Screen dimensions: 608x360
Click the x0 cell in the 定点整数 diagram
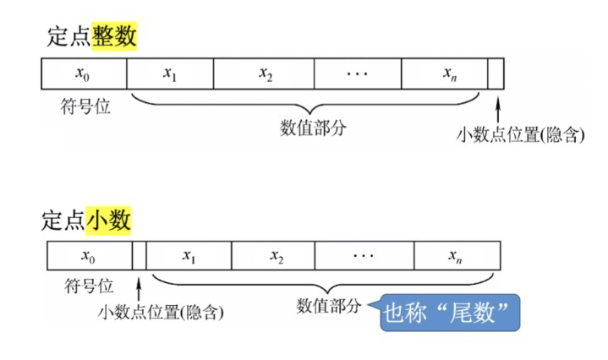tap(83, 74)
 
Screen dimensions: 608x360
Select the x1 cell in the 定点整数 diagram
tap(169, 74)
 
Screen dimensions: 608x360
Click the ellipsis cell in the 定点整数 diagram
tap(358, 74)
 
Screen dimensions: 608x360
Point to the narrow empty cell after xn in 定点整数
tap(496, 74)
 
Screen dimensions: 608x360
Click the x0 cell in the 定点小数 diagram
tap(87, 254)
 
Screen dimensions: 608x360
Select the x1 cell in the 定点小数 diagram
tap(189, 254)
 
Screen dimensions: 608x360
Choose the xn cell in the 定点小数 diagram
tap(455, 254)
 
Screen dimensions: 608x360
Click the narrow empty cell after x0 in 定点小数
tap(139, 254)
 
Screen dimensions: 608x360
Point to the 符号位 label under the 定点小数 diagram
tap(88, 285)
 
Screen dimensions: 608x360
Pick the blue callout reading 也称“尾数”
tap(450, 311)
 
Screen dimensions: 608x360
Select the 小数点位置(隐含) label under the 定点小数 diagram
tap(160, 313)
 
